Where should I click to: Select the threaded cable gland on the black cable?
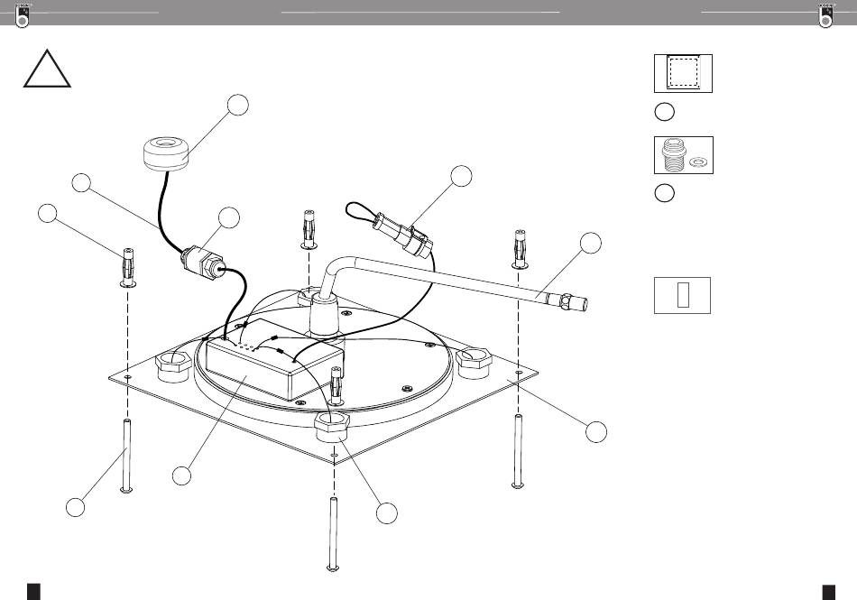[202, 263]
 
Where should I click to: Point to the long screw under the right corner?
[518, 451]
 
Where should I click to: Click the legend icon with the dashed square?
[683, 73]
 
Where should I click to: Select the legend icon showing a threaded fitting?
[683, 154]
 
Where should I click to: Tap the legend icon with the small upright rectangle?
[682, 294]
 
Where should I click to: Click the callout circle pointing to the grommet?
[237, 105]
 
